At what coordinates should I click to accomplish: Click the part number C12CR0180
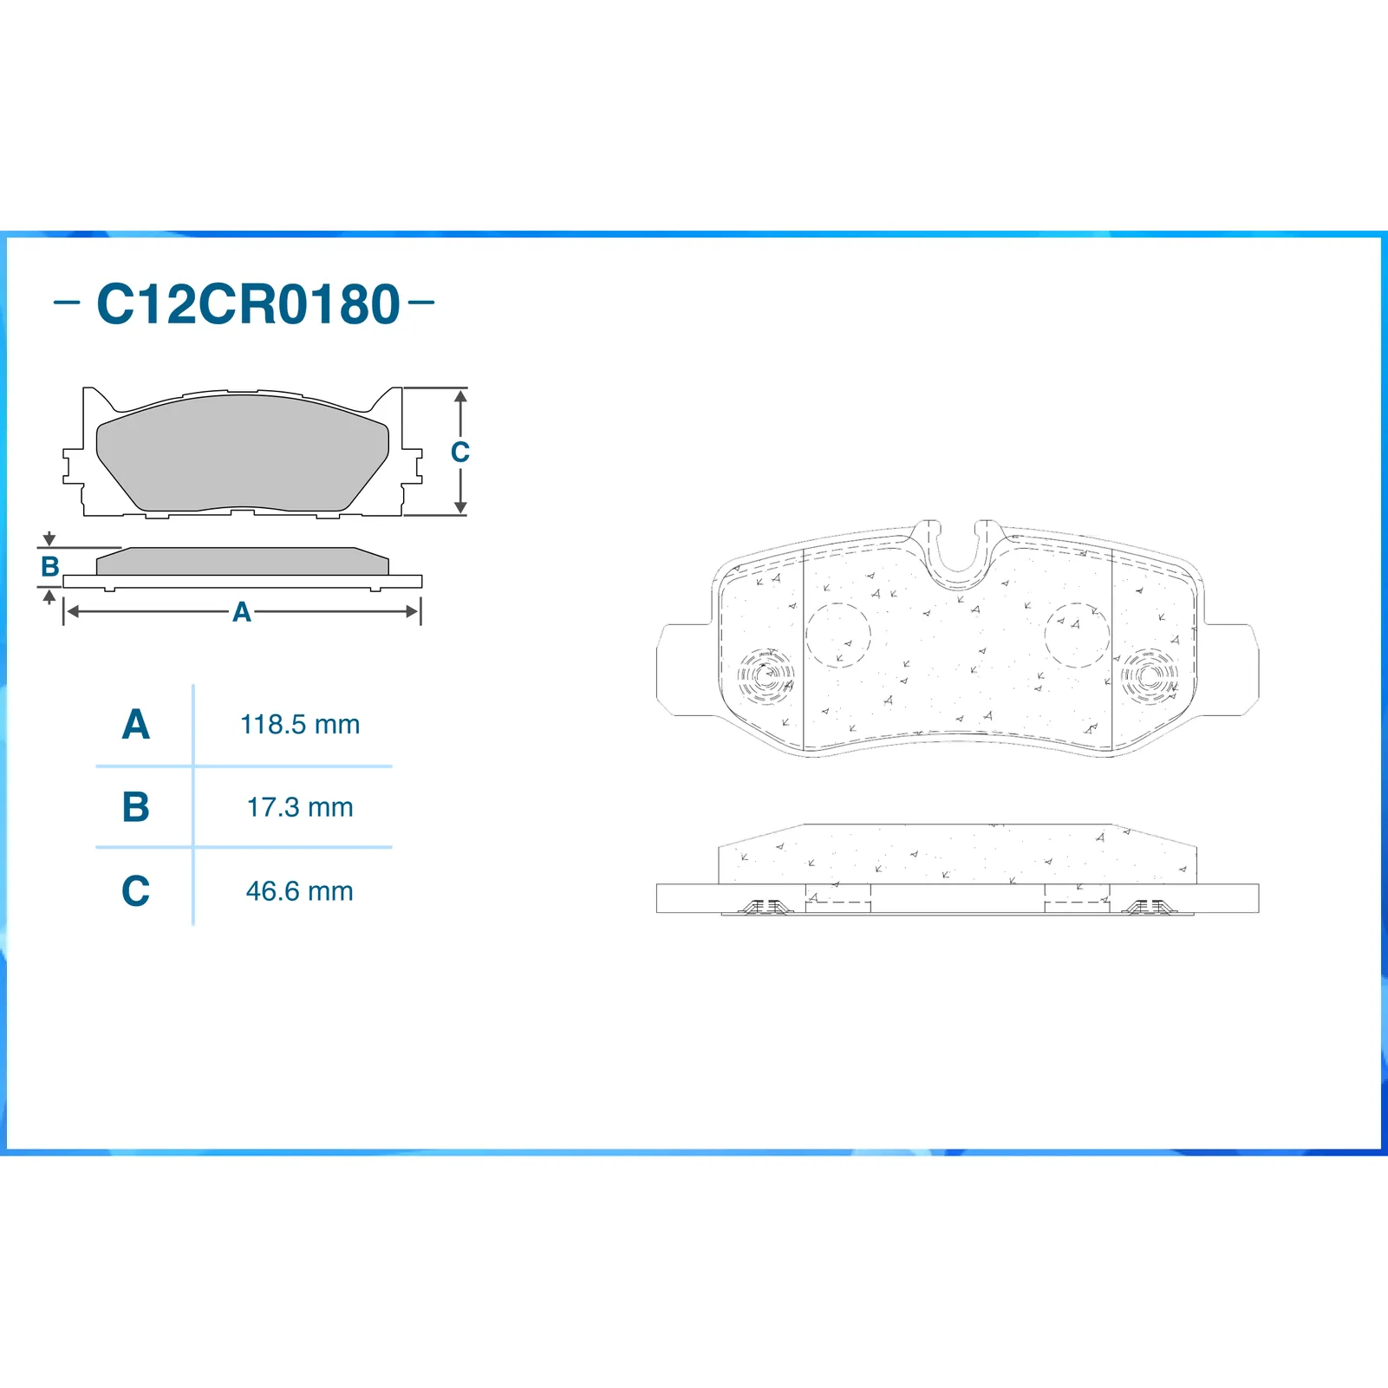(248, 304)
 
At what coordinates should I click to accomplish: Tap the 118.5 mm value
(300, 725)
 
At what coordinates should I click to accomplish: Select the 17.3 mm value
(300, 808)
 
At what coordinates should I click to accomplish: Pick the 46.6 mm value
(300, 891)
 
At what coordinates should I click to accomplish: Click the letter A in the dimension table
(136, 725)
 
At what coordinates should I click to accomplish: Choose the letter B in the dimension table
(136, 807)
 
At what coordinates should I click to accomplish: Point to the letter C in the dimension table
(136, 891)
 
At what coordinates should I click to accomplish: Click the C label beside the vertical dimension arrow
(459, 452)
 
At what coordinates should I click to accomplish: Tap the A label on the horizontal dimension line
(242, 612)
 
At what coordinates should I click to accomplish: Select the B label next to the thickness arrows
(50, 567)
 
